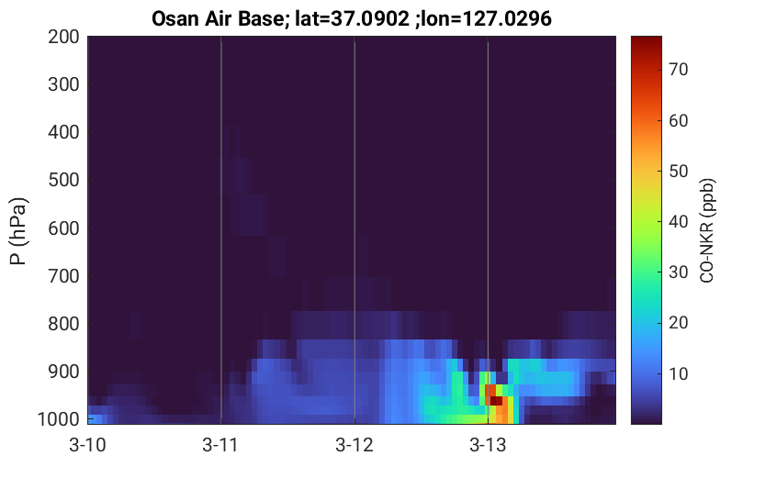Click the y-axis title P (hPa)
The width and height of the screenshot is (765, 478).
(19, 231)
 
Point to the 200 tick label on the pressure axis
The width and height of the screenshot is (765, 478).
(63, 37)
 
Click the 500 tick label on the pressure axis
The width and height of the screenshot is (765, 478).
(63, 180)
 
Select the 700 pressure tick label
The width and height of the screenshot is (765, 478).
(63, 276)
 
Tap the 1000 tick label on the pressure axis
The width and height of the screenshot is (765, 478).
(59, 419)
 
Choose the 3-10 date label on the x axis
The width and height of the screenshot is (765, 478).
(88, 445)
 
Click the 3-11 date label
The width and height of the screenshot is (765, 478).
(221, 445)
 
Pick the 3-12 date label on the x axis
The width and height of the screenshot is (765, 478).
(354, 445)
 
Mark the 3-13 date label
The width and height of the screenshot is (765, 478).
(488, 445)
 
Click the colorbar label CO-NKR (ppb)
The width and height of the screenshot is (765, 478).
(707, 230)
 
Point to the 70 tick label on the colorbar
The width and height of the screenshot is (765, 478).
(678, 70)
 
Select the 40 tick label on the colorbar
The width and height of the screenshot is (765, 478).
(678, 222)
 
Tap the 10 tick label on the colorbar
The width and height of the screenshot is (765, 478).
(678, 373)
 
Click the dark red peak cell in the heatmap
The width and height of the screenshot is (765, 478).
(496, 401)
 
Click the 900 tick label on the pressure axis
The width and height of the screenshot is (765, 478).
(63, 372)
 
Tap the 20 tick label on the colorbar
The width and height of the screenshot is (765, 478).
(678, 323)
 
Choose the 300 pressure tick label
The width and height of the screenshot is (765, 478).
(63, 84)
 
